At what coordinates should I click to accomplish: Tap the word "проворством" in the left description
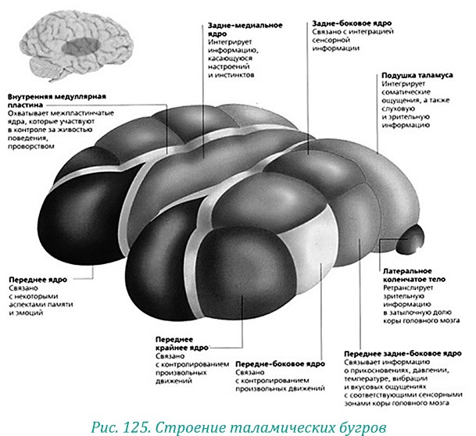pyautogui.click(x=34, y=146)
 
